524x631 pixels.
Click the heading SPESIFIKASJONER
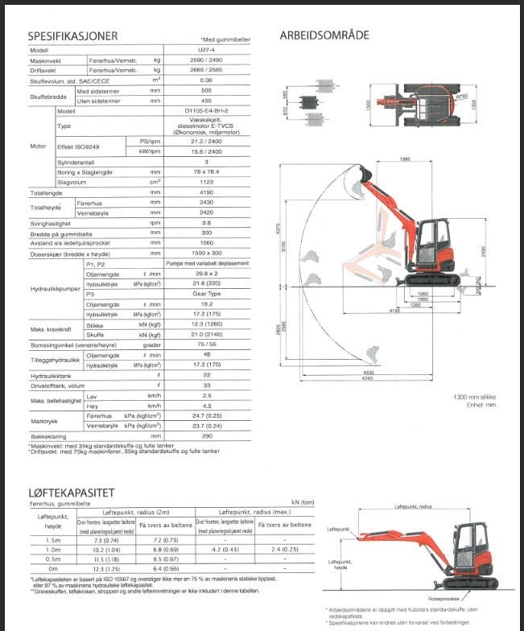(72, 35)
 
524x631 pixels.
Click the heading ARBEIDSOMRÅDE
(324, 35)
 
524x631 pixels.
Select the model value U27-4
(205, 50)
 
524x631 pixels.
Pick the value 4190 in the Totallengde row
(205, 194)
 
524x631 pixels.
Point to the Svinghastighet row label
(52, 223)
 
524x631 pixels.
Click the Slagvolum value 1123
(205, 183)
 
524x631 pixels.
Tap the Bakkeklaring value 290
(205, 435)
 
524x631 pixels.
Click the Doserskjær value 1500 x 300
(205, 253)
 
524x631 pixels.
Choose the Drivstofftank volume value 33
(205, 386)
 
